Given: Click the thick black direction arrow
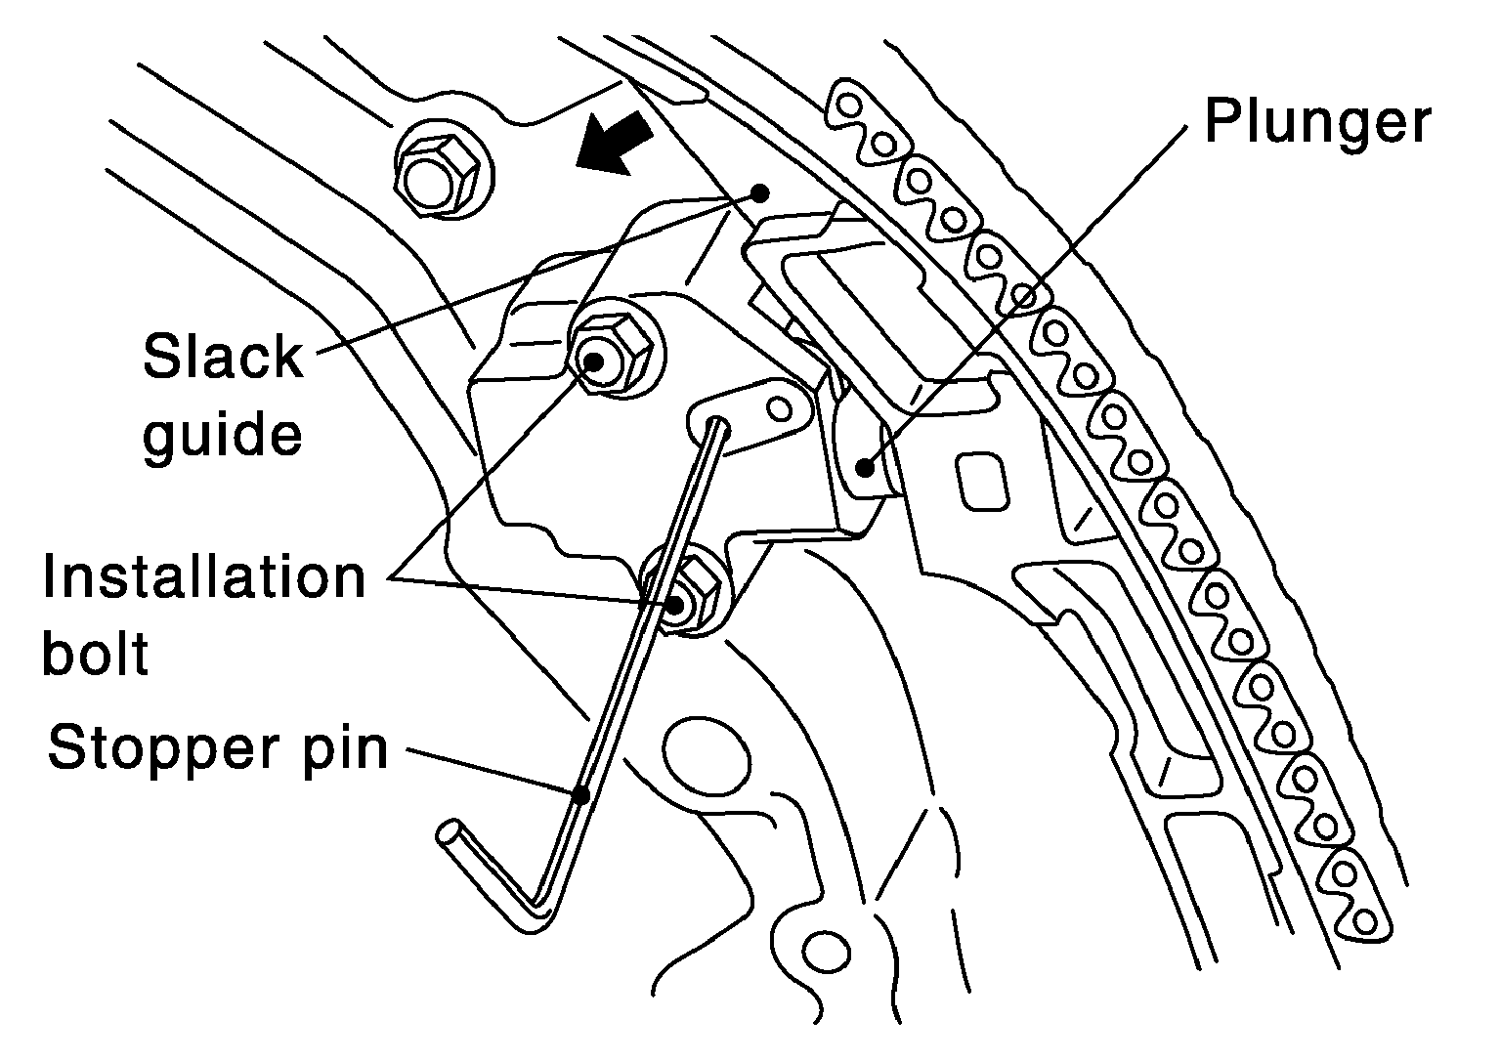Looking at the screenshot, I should [613, 143].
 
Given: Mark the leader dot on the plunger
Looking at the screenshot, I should [864, 467].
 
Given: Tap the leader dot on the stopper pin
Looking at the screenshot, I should [580, 794].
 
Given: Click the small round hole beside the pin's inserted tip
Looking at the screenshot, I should [780, 406].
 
